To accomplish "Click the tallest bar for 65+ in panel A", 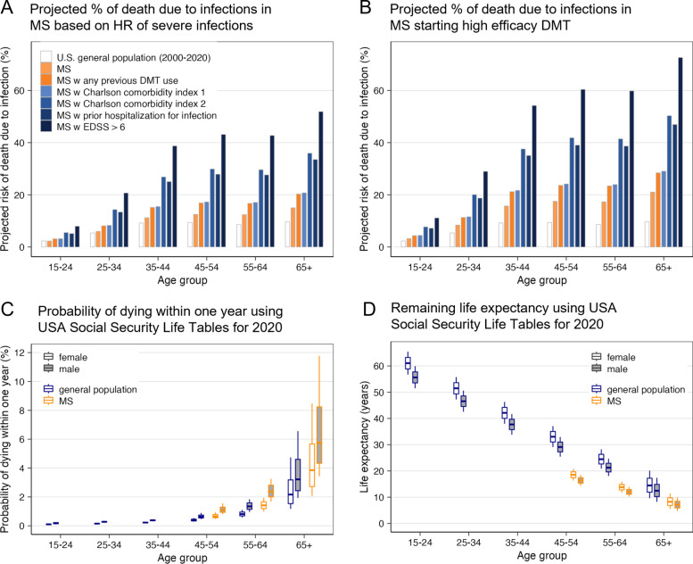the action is pos(321,179).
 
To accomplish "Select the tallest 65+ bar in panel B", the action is pos(681,153).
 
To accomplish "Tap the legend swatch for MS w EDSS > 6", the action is pos(46,127).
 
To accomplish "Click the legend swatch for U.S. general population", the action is pos(46,57).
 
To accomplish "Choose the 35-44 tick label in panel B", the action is pos(517,267).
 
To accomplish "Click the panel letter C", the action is pos(7,309).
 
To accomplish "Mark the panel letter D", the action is pos(369,308).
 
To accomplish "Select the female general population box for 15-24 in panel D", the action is pos(408,362).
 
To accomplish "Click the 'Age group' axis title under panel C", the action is pos(182,558).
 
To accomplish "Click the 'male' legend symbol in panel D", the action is pos(597,369).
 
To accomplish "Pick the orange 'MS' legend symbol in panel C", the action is pos(48,401).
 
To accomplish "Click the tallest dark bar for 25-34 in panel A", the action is pos(126,220).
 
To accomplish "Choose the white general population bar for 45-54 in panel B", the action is pos(549,235).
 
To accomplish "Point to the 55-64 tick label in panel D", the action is pos(615,543).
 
